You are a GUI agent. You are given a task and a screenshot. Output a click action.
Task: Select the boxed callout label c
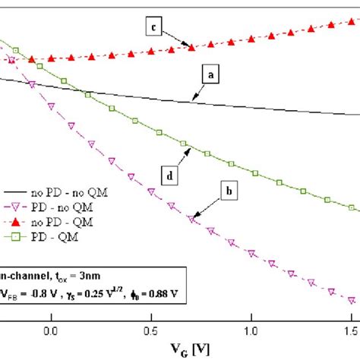(155, 28)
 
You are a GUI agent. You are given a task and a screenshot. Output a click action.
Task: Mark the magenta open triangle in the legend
(16, 207)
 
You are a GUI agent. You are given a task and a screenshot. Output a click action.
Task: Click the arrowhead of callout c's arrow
(191, 48)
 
